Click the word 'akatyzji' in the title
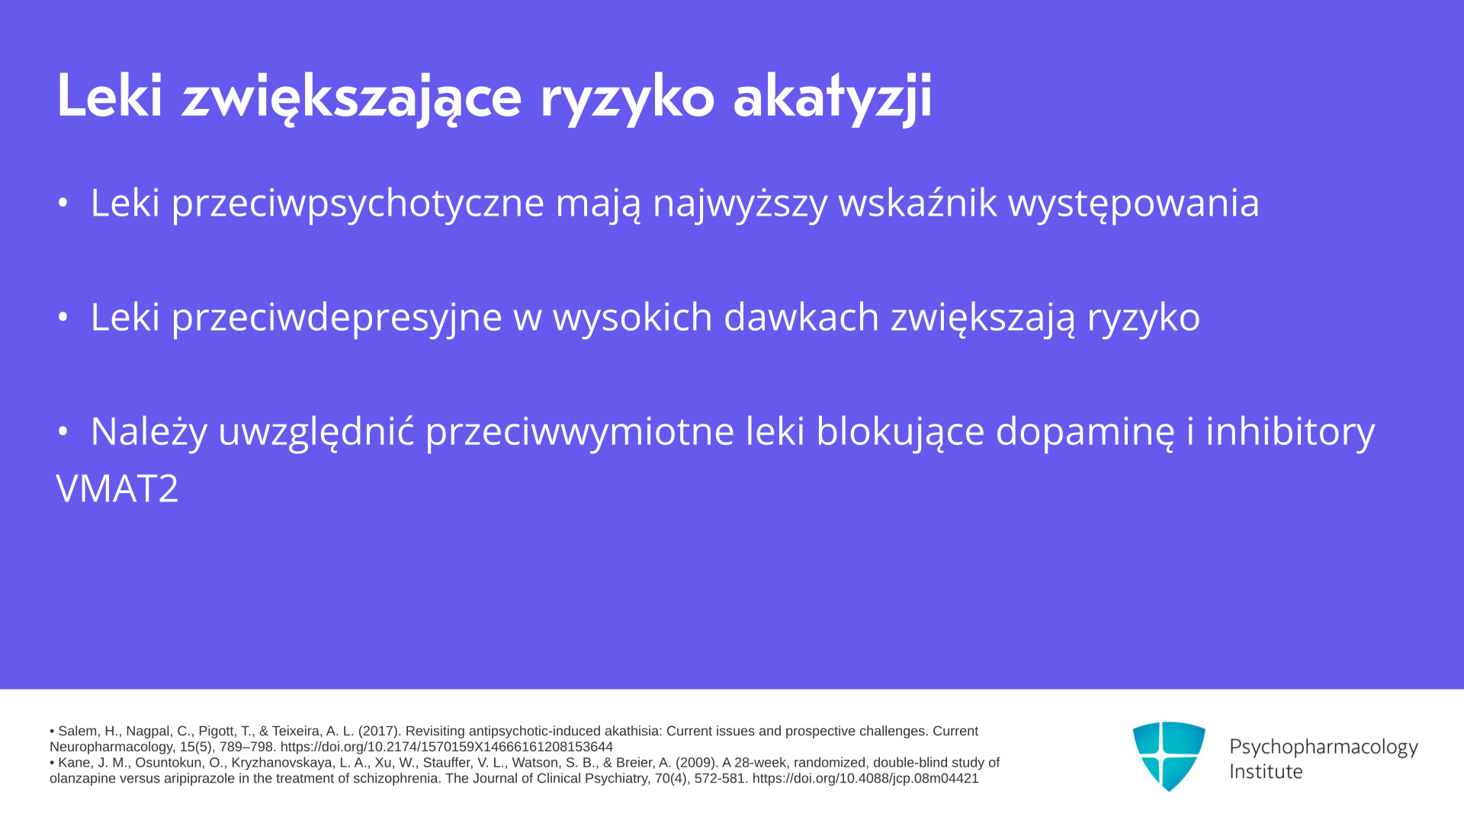(833, 98)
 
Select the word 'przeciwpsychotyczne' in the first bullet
(358, 203)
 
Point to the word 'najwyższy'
(740, 203)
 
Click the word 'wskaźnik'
(917, 202)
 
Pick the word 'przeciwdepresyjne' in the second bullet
(337, 318)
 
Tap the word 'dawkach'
(801, 316)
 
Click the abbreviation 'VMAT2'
(117, 488)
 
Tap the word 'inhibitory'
(1290, 432)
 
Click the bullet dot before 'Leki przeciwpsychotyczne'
(63, 203)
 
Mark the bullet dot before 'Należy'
(63, 431)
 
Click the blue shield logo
(1169, 756)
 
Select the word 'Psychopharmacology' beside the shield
(1324, 747)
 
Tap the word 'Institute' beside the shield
(1266, 771)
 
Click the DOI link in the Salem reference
(447, 747)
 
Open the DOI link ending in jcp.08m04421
(865, 779)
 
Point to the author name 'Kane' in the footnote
(73, 763)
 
